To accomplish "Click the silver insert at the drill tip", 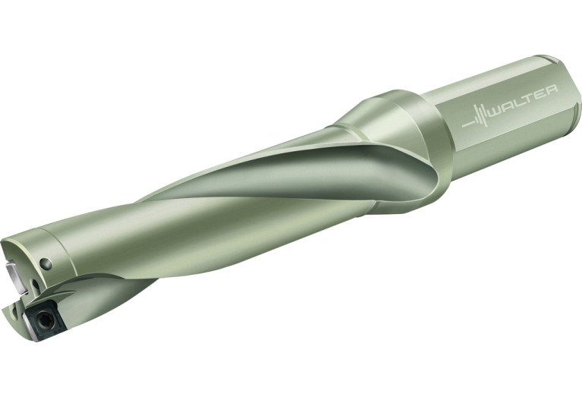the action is [x=14, y=277].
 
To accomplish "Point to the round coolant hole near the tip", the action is [x=46, y=264].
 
